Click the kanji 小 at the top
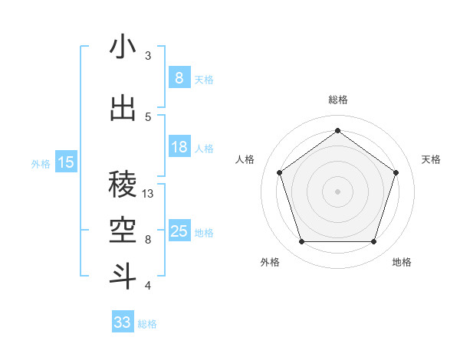[123, 47]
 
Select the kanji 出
[123, 108]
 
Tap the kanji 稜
[123, 183]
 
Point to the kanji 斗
[123, 275]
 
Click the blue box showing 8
[179, 77]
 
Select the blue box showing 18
[179, 147]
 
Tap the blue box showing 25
[179, 231]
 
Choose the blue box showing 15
[66, 162]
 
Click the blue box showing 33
[123, 322]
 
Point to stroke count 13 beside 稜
[148, 194]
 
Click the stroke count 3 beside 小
[148, 56]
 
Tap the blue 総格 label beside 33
[147, 323]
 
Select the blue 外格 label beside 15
[41, 162]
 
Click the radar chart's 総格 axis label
[337, 100]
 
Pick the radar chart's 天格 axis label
[431, 159]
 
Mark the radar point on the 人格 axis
[279, 172]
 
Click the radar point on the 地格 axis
[373, 242]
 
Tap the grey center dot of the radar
[337, 191]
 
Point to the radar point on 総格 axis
[337, 130]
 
